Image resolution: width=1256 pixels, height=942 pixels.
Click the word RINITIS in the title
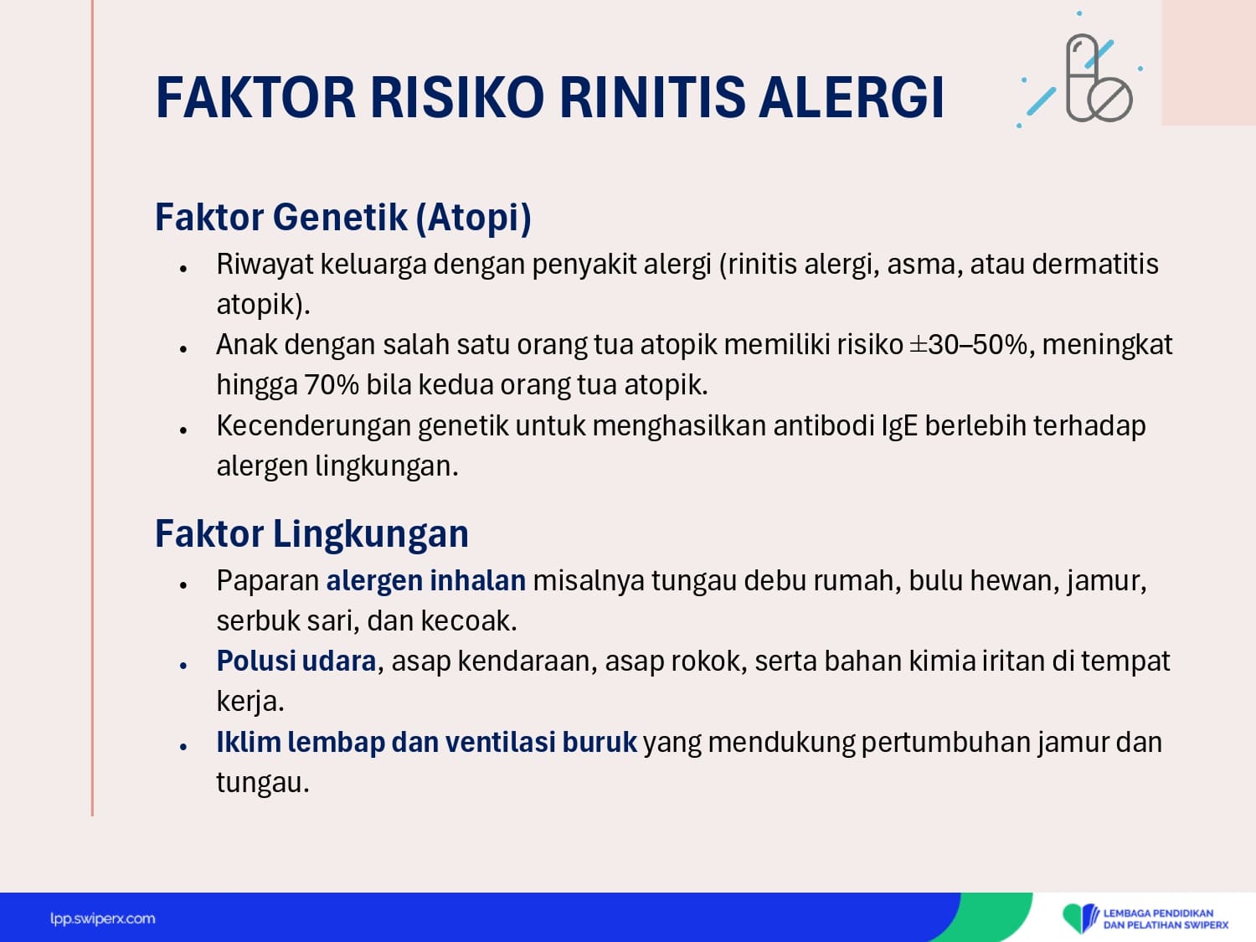[x=652, y=97]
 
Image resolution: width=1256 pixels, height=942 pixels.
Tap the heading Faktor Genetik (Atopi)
[x=343, y=218]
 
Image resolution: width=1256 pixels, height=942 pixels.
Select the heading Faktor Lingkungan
[x=311, y=533]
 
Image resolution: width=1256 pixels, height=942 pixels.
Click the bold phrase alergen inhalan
[x=425, y=580]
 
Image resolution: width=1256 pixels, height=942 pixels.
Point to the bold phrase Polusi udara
[x=296, y=661]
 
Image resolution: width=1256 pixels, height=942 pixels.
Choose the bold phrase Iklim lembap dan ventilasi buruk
[x=426, y=743]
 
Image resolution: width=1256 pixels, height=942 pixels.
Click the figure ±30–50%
[x=968, y=345]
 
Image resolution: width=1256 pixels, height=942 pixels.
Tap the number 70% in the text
[x=332, y=385]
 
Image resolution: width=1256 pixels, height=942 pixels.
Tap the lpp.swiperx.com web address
[x=102, y=919]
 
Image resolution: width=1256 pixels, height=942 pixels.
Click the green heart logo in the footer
[x=1080, y=917]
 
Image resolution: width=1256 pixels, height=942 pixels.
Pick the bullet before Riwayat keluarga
[x=183, y=268]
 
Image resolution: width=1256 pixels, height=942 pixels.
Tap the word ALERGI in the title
[x=852, y=97]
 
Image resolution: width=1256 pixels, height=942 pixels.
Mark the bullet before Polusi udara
[x=183, y=665]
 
